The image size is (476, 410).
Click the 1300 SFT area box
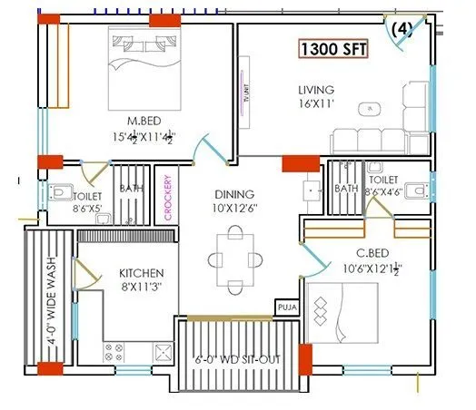pos(334,49)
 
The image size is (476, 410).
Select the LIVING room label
pos(316,90)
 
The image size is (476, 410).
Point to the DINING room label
pos(233,194)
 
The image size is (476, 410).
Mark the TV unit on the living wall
pos(245,92)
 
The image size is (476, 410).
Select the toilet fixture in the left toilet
pos(56,192)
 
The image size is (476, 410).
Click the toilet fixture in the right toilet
pos(416,190)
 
